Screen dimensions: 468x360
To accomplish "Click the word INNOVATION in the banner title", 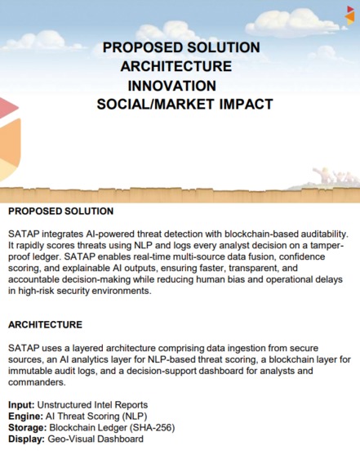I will pos(172,86).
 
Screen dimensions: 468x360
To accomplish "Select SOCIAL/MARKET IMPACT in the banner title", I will pos(184,105).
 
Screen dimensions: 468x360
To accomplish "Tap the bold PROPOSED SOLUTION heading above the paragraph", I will pos(60,212).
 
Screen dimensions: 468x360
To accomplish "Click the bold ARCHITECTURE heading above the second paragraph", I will pos(45,324).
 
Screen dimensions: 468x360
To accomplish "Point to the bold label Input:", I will pos(21,405).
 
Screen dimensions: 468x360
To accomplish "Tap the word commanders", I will pos(38,381).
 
